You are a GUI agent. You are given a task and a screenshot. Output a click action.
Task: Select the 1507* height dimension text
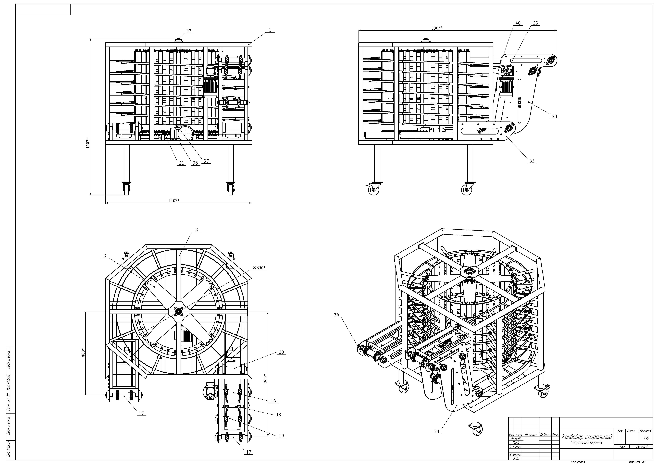[88, 143]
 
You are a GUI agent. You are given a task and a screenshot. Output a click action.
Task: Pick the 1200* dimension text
[265, 380]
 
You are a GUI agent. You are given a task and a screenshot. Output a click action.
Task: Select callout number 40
[518, 23]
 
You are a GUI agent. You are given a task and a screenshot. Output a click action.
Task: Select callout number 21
[181, 163]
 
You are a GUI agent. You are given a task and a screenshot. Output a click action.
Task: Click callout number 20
[281, 352]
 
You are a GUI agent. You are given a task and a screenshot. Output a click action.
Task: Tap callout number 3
[105, 256]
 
